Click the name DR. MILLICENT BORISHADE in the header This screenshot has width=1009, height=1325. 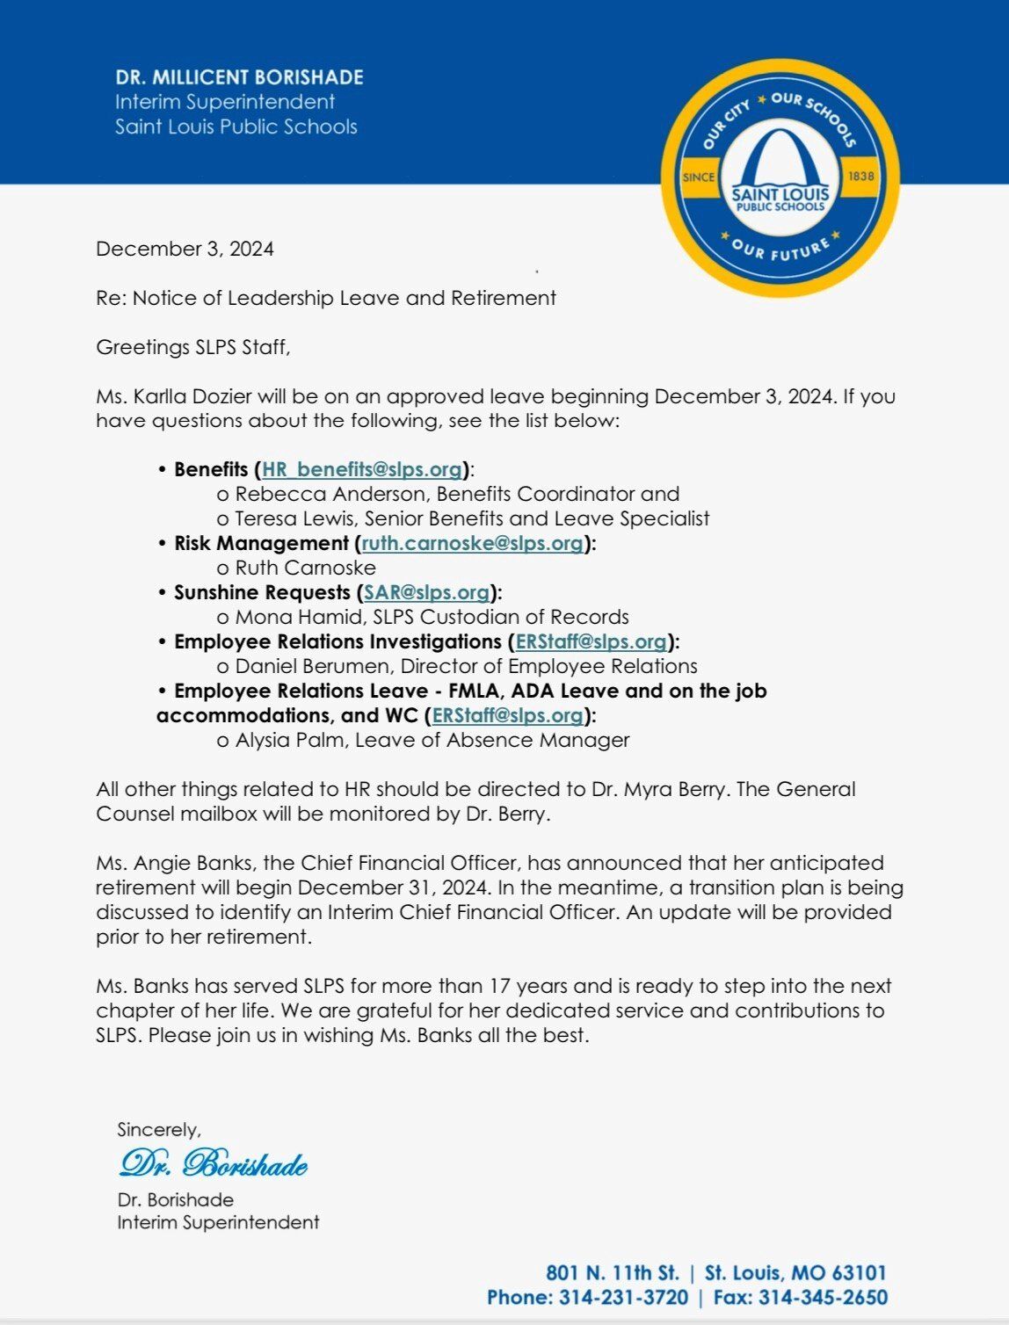click(x=239, y=77)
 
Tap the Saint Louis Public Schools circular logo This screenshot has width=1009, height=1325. click(x=780, y=178)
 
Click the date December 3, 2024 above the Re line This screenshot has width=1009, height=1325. click(x=185, y=249)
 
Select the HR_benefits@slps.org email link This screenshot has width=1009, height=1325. click(x=362, y=469)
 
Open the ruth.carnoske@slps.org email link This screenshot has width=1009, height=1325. click(x=473, y=543)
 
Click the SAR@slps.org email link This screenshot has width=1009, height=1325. click(x=427, y=592)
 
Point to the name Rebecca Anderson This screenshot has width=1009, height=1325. click(x=331, y=494)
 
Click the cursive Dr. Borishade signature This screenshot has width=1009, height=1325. click(x=213, y=1163)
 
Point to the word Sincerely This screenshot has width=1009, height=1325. click(x=159, y=1129)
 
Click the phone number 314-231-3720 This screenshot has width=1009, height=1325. click(x=623, y=1297)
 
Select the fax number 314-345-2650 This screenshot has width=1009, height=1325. click(x=823, y=1297)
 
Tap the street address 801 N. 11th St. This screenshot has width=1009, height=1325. click(x=613, y=1272)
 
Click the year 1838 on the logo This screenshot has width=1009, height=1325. click(x=860, y=177)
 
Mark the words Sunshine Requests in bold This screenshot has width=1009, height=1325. click(x=262, y=592)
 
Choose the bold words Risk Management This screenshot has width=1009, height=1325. click(x=261, y=543)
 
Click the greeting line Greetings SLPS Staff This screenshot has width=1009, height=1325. click(x=192, y=347)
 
